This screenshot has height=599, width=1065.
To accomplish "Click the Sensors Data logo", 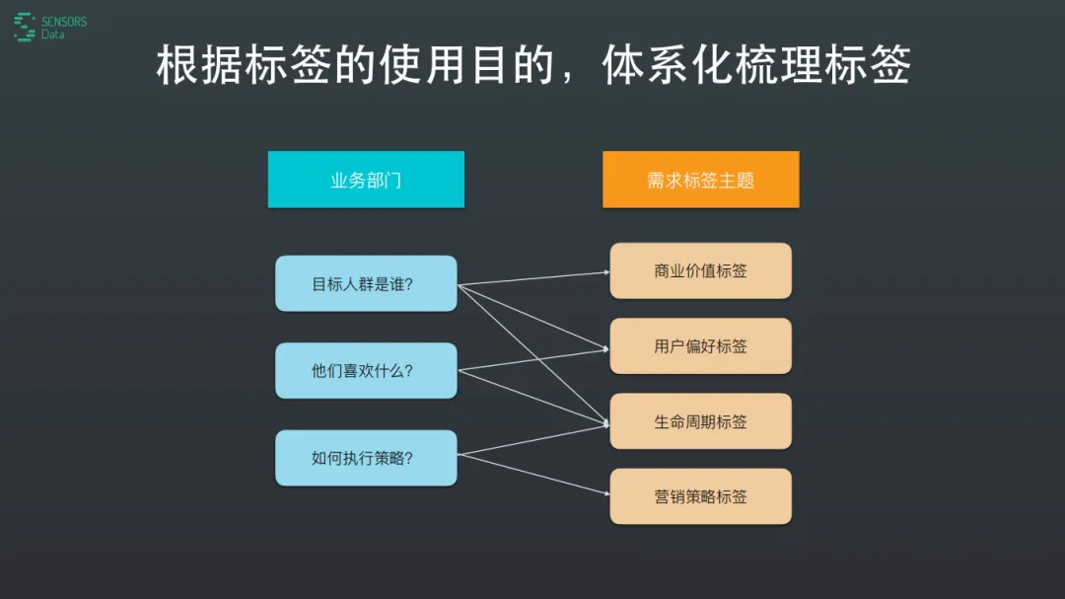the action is coord(50,28).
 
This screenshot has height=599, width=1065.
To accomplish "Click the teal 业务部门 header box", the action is coord(366,180).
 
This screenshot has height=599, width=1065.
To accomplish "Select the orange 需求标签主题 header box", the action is coord(701,180).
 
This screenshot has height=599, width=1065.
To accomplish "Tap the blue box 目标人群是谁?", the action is coord(366,283).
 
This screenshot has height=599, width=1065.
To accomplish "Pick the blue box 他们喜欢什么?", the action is coord(366,370).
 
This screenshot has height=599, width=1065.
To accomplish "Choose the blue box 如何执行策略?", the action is coord(366,458).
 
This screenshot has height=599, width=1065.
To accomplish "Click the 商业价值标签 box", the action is coord(701,270).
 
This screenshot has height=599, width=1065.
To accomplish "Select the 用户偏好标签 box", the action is coord(701,346).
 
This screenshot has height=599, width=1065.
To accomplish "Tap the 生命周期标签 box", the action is coord(701,421).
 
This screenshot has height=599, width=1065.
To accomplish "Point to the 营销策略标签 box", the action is coord(701,496).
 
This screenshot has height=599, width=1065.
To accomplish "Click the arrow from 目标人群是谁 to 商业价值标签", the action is coord(533,278).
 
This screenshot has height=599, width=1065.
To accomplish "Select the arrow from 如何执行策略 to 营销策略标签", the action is coord(533,474).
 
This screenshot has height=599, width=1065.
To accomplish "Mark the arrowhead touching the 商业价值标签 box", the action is coord(606,272).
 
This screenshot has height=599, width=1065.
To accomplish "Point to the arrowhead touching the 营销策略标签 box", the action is coord(606,493).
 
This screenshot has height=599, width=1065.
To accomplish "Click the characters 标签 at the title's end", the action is coord(868,65).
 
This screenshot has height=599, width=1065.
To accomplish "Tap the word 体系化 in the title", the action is coord(668,65).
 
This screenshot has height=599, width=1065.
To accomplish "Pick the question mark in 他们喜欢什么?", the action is coord(409,371).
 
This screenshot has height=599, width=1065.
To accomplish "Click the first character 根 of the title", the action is coord(177,65).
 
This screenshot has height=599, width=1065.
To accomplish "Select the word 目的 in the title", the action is coord(513,65).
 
